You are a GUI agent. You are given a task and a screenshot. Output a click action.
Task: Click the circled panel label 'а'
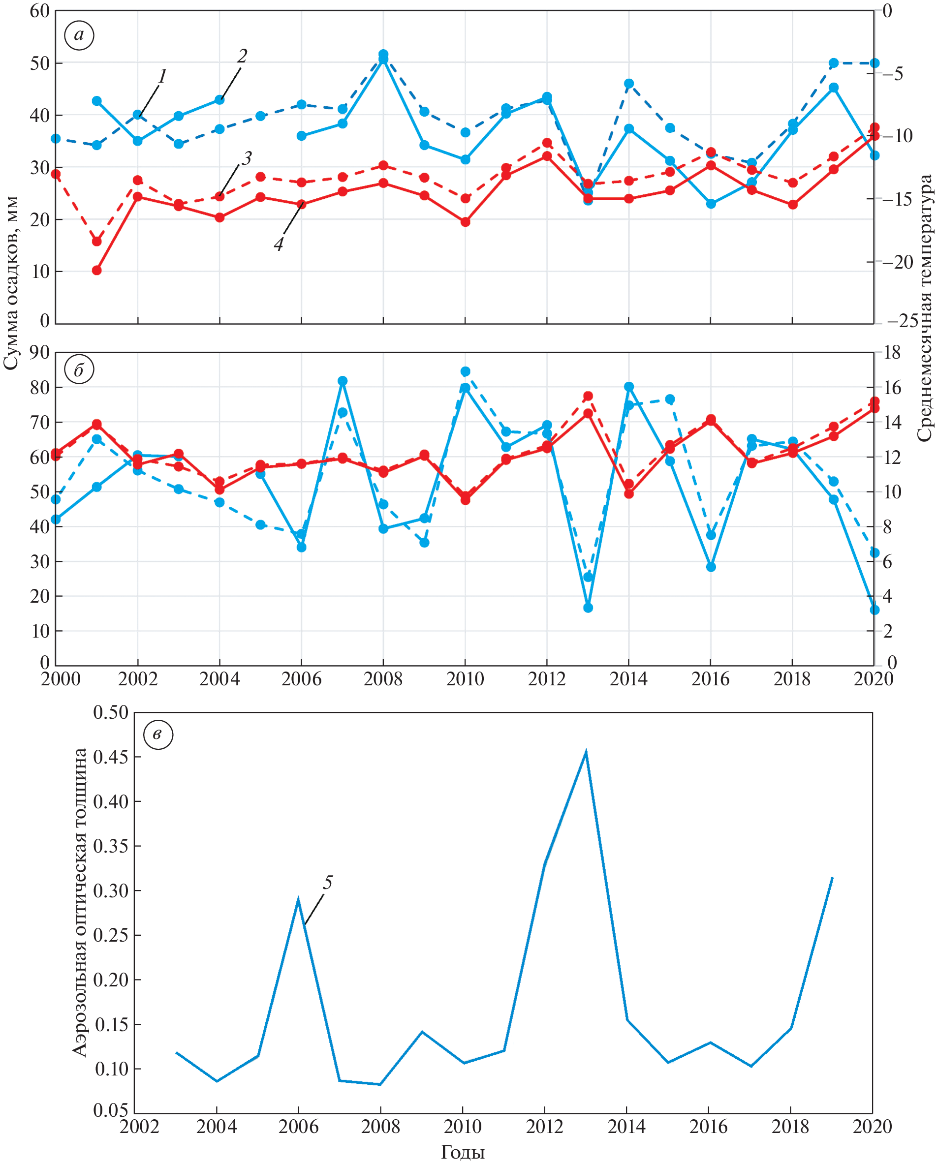point(79,35)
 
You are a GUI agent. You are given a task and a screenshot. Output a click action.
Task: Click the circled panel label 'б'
point(79,370)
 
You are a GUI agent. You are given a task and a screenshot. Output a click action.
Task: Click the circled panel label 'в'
point(158,735)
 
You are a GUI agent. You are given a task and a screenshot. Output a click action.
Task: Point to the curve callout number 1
point(161,76)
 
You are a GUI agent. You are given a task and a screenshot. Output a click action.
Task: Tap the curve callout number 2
point(242,56)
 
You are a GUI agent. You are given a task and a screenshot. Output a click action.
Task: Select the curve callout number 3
point(247,158)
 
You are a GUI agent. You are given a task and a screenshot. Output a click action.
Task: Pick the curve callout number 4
point(278,244)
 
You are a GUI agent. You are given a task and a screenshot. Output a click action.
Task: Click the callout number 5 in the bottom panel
point(327,883)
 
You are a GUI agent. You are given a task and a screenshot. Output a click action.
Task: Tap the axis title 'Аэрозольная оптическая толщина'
point(80,902)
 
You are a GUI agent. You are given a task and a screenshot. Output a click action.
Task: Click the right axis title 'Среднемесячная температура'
point(925,308)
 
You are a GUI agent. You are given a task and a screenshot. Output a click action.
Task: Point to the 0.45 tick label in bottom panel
point(111,757)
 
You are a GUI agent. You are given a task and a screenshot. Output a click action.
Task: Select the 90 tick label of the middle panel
point(39,352)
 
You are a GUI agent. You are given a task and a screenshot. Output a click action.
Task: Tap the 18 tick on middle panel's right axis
point(892,352)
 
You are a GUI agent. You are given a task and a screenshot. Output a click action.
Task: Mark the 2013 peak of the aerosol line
point(586,751)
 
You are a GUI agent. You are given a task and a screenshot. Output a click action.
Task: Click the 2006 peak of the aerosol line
point(298,898)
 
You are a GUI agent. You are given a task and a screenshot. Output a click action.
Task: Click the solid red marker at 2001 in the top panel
point(97,270)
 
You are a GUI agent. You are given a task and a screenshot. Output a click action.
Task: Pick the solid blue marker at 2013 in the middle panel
point(588,608)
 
